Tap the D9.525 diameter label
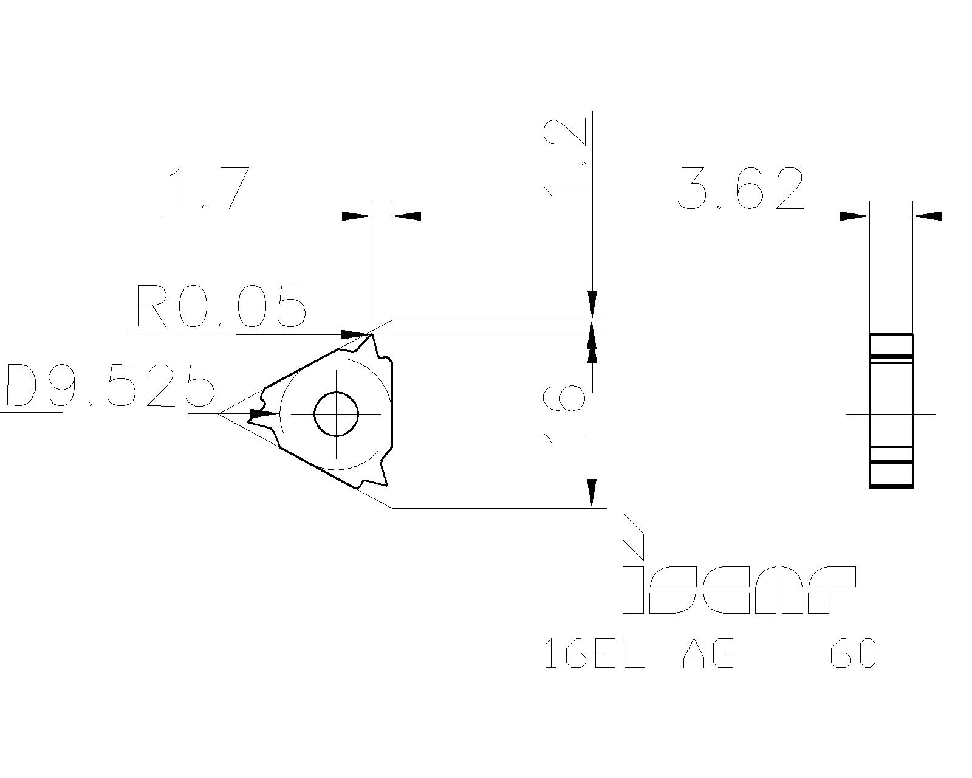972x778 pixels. point(109,385)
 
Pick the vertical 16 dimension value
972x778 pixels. point(565,413)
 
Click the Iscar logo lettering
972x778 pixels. point(738,590)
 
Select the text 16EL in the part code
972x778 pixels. point(594,654)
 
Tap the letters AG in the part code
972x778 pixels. point(708,654)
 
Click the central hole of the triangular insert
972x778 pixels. point(336,414)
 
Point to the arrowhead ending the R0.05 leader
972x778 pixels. point(356,334)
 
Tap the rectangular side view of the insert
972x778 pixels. point(891,410)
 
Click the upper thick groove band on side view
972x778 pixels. point(891,356)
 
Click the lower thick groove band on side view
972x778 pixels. point(891,462)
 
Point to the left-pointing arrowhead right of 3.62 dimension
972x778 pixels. point(928,216)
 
